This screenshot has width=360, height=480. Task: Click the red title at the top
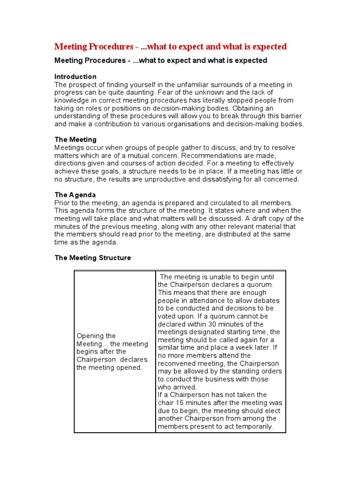pyautogui.click(x=171, y=46)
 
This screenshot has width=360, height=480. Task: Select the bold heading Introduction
pyautogui.click(x=75, y=76)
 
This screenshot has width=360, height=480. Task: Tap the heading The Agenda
pyautogui.click(x=75, y=195)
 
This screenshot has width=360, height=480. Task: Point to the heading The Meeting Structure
pyautogui.click(x=93, y=258)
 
